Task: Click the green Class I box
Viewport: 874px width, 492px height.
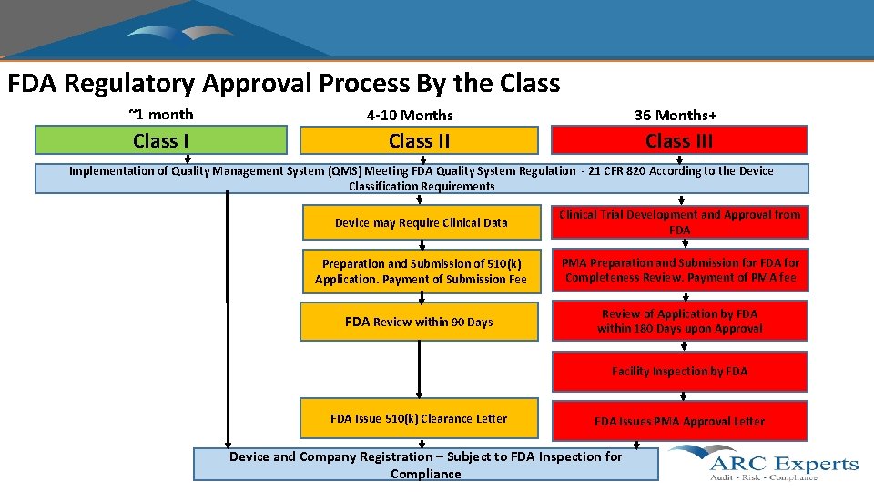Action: point(160,140)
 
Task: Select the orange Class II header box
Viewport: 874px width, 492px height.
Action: point(419,140)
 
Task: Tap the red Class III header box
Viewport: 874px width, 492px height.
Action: point(679,140)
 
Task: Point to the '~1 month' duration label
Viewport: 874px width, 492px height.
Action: point(161,115)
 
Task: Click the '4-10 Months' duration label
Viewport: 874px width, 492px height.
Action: point(410,116)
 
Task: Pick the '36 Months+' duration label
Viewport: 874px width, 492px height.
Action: point(676,116)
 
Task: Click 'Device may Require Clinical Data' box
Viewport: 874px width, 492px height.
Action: point(421,223)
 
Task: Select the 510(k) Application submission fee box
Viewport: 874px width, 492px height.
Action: point(421,272)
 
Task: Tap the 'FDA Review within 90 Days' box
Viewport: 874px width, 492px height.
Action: point(419,322)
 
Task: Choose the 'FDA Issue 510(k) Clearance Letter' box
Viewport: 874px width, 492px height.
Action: point(419,419)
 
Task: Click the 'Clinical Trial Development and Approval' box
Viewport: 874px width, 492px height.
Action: point(679,222)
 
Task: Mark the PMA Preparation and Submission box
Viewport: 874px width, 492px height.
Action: point(679,271)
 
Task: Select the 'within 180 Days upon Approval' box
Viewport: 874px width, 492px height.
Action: point(679,321)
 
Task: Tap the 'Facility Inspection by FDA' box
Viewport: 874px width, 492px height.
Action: point(679,371)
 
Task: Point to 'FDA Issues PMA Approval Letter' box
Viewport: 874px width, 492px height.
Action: point(679,421)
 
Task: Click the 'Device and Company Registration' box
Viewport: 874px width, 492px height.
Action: point(425,465)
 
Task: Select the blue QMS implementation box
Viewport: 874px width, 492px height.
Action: point(421,179)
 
